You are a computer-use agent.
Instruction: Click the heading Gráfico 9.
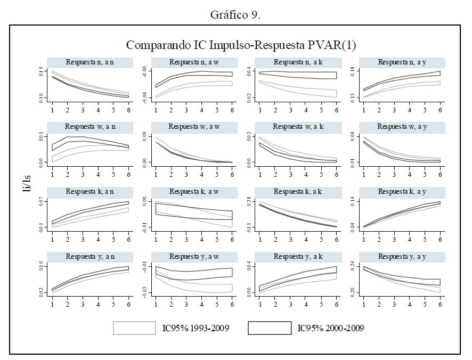(x=235, y=14)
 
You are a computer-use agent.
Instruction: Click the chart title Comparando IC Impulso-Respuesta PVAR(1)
(x=241, y=45)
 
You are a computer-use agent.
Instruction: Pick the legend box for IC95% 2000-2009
(x=270, y=328)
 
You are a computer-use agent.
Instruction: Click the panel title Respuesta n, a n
(x=89, y=62)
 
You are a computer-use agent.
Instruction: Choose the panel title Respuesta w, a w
(x=193, y=127)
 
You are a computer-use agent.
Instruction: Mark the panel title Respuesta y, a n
(x=89, y=256)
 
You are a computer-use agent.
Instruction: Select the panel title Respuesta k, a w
(x=193, y=191)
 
